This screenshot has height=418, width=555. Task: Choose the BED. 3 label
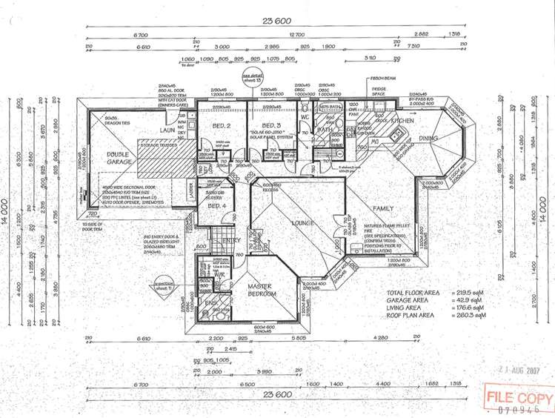pos(271,125)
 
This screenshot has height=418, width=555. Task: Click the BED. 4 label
pos(216,205)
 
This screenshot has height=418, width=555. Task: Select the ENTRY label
pos(232,240)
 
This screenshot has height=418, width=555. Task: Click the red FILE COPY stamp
pos(519,398)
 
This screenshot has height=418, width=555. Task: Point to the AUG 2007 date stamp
pos(524,371)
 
